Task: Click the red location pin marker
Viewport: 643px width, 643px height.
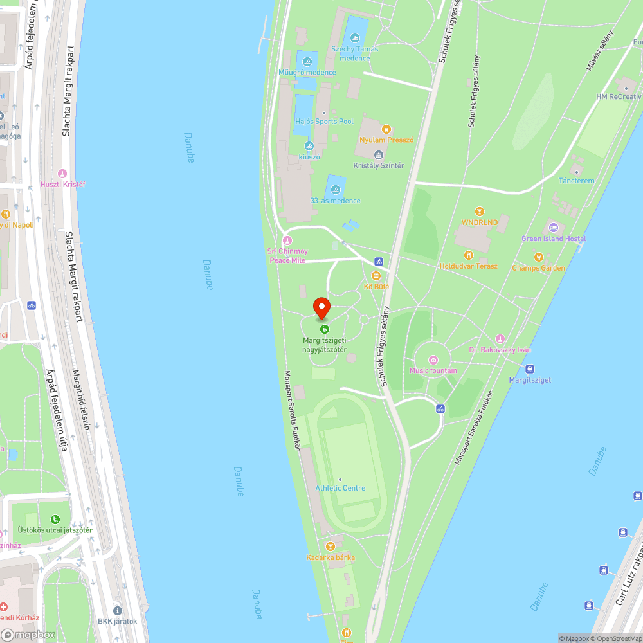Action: pyautogui.click(x=321, y=308)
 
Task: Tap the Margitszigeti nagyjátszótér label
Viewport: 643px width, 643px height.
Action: pyautogui.click(x=325, y=345)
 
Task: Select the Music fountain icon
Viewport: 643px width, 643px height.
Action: pyautogui.click(x=433, y=359)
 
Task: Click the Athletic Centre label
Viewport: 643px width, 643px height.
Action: pyautogui.click(x=340, y=488)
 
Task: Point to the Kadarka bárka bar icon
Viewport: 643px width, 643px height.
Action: pyautogui.click(x=331, y=546)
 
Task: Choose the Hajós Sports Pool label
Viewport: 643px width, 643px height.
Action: pyautogui.click(x=324, y=122)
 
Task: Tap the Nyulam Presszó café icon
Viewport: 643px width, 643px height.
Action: pyautogui.click(x=386, y=129)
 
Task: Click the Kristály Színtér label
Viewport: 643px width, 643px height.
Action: pyautogui.click(x=379, y=165)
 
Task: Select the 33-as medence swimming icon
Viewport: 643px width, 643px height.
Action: pyautogui.click(x=335, y=190)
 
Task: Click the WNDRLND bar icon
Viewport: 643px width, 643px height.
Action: pyautogui.click(x=479, y=212)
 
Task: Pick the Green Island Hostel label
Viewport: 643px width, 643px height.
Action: pyautogui.click(x=553, y=239)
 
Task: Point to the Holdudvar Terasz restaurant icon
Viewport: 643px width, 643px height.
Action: pyautogui.click(x=468, y=255)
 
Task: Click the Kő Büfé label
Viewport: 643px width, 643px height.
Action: pyautogui.click(x=376, y=286)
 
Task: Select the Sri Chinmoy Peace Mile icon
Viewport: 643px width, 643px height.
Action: pyautogui.click(x=287, y=240)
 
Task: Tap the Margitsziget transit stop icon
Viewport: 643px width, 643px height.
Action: pyautogui.click(x=530, y=369)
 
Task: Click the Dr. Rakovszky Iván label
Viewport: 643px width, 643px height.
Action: pyautogui.click(x=500, y=350)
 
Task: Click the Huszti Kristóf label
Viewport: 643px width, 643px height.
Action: pyautogui.click(x=62, y=185)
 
